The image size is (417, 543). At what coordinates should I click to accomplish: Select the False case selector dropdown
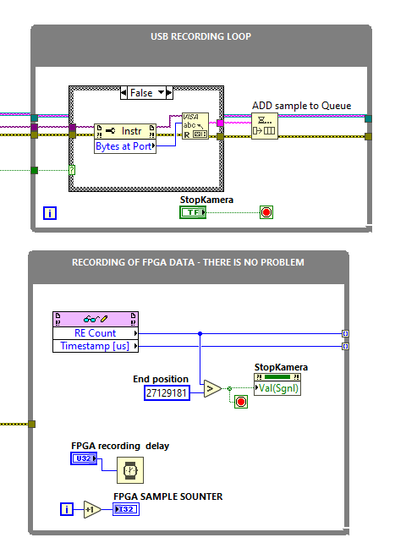click(x=145, y=92)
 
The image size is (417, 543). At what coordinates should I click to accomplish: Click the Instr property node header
click(x=125, y=131)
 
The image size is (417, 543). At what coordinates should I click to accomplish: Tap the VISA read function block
click(x=195, y=128)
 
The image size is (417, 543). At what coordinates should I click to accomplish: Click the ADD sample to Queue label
click(x=301, y=106)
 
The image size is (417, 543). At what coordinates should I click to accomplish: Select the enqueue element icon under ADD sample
click(x=264, y=126)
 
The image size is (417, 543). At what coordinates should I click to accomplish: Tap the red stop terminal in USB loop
click(x=266, y=212)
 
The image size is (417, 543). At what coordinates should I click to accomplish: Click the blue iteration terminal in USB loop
click(x=50, y=213)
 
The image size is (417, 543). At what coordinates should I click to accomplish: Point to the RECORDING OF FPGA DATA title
click(x=188, y=262)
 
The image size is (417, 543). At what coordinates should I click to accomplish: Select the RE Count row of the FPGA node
click(x=95, y=333)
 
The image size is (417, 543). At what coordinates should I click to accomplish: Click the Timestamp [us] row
click(x=95, y=346)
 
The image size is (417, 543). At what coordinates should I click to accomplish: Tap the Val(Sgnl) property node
click(x=277, y=388)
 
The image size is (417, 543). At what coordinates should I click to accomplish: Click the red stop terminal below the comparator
click(x=241, y=402)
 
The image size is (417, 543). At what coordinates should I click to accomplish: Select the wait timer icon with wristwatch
click(x=130, y=470)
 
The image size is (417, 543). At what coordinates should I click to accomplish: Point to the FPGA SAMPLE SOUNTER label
click(x=168, y=496)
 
